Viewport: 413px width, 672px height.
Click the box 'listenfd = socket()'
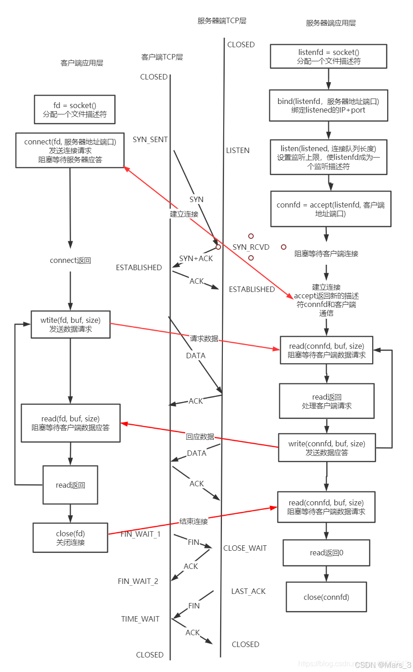(329, 56)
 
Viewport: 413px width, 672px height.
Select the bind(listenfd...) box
(329, 105)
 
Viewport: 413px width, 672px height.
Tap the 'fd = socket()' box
(75, 109)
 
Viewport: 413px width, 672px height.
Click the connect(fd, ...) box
(70, 150)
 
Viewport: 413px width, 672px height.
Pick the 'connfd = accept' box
(331, 209)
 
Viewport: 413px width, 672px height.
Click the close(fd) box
(70, 538)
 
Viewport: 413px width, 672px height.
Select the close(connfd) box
(326, 597)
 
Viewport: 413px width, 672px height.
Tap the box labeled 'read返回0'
(326, 553)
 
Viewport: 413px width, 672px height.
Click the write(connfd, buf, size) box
(327, 448)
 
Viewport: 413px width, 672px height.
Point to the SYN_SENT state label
(150, 139)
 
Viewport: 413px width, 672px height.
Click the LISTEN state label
(237, 150)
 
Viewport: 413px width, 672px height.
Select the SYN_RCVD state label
(251, 247)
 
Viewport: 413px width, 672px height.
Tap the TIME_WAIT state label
(140, 619)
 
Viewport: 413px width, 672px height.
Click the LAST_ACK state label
(248, 591)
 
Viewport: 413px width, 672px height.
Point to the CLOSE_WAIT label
(245, 548)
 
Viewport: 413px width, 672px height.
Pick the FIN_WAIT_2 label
(138, 581)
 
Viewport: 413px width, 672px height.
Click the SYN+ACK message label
(196, 258)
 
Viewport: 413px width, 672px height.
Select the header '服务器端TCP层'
(221, 21)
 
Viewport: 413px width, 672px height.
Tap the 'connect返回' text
(70, 261)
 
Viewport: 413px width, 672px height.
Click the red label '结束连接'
(193, 521)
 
